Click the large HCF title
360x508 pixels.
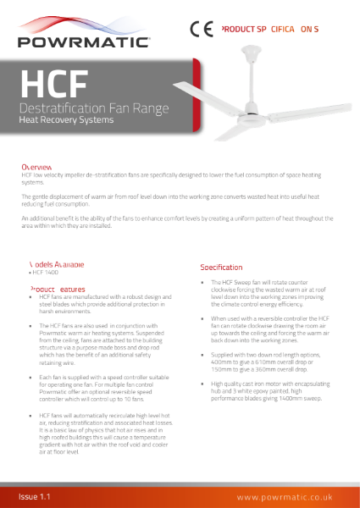pos(53,85)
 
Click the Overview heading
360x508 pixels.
pos(37,168)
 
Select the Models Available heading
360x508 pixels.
pos(56,264)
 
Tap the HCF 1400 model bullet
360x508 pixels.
pos(46,273)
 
